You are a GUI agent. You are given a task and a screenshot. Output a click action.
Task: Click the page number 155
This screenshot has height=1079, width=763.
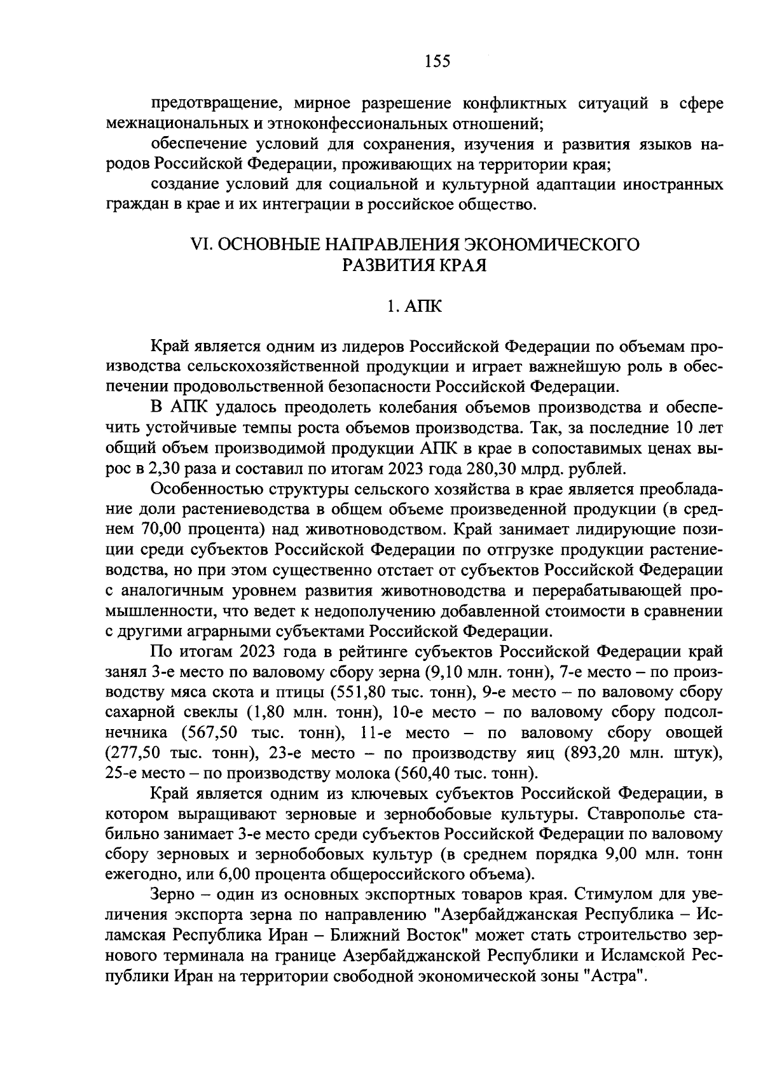(x=436, y=61)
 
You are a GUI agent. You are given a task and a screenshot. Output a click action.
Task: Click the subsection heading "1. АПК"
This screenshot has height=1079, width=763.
(x=413, y=307)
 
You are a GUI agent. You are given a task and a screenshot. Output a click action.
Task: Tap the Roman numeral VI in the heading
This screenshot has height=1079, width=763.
(x=201, y=244)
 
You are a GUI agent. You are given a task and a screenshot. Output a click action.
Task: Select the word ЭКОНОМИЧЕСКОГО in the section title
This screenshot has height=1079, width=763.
(x=552, y=244)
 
